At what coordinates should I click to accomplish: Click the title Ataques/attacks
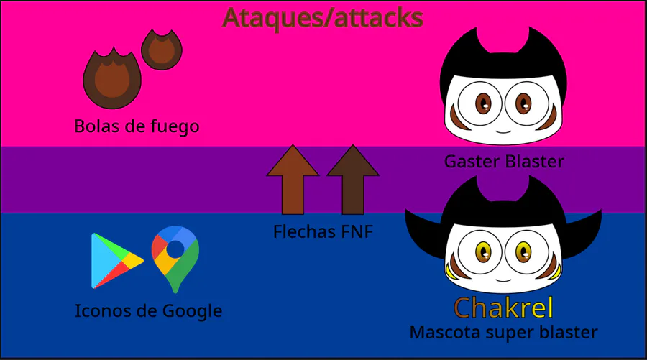pos(323,18)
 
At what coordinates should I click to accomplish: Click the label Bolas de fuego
pos(137,126)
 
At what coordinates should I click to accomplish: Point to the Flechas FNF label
pos(323,233)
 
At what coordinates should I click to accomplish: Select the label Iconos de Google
pos(148,311)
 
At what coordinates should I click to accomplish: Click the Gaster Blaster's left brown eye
pos(483,103)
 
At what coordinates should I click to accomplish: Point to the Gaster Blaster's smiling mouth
pos(503,131)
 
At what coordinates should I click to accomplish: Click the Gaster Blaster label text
pos(503,162)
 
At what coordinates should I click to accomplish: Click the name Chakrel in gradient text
pos(503,308)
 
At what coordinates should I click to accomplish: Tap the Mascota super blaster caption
pos(503,333)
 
